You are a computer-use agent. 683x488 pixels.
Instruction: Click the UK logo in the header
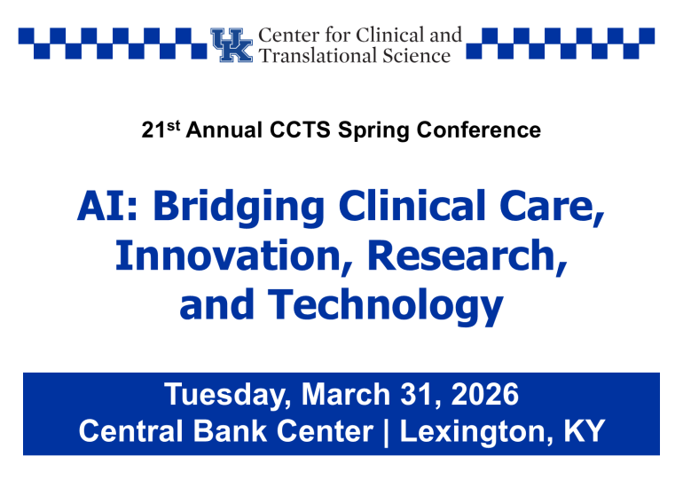[x=231, y=45]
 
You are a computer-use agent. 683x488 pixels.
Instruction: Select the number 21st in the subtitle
[x=159, y=130]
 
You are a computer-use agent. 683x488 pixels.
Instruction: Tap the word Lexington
[x=489, y=432]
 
